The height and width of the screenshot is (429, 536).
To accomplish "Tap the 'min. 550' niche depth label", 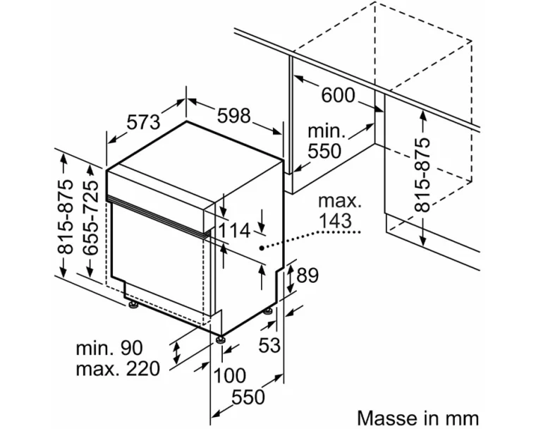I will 325,141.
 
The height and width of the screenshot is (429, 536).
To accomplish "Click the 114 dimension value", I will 233,230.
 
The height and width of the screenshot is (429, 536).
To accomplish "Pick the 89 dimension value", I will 308,276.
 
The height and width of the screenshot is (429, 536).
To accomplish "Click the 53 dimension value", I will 270,345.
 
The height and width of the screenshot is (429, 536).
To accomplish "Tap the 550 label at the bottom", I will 248,397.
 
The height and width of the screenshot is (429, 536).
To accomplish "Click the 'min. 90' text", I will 110,347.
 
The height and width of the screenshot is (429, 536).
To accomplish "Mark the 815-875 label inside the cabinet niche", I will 422,174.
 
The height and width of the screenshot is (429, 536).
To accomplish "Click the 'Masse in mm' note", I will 418,417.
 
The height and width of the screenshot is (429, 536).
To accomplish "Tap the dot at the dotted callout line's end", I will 262,248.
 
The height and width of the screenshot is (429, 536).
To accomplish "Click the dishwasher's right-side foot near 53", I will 269,311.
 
